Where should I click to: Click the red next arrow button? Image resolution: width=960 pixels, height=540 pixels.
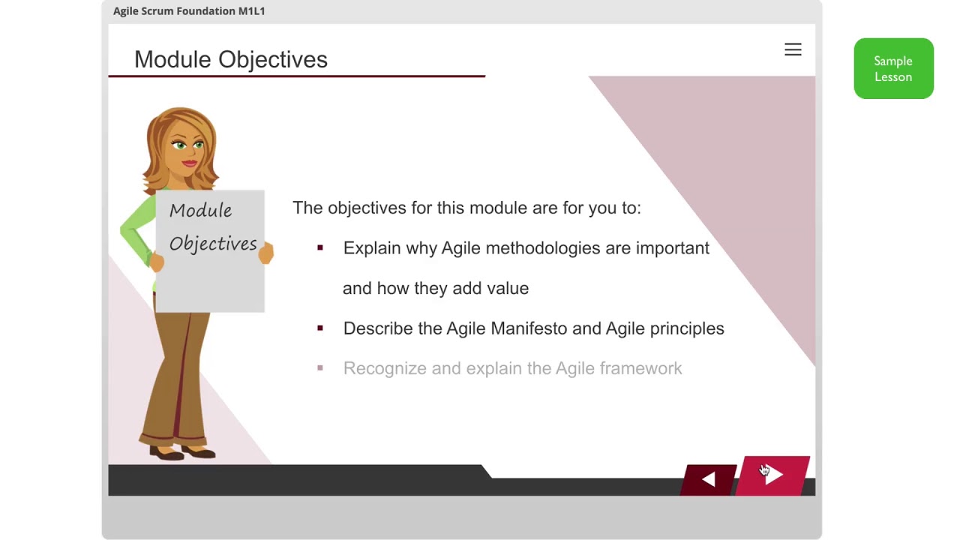point(774,475)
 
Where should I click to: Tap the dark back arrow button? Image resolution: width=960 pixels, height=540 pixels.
point(709,480)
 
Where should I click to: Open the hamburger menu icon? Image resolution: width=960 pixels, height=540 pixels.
point(793,49)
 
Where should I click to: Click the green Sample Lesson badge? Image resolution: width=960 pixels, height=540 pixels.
point(893,69)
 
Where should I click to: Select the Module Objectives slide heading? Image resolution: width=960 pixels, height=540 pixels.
point(231,60)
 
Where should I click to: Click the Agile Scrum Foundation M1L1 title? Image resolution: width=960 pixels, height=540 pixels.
point(189,11)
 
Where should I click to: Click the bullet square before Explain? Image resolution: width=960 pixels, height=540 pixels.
point(320,247)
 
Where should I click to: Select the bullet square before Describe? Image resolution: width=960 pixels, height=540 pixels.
point(320,328)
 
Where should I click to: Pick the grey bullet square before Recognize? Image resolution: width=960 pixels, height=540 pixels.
point(320,368)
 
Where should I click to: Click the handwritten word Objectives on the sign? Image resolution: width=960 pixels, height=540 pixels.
point(213,244)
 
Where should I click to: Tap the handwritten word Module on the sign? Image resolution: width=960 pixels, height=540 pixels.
point(200,211)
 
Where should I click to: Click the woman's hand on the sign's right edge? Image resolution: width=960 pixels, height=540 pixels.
point(266,253)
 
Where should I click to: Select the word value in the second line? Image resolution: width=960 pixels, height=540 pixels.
point(508,288)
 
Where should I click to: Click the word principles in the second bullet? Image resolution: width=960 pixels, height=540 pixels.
point(686,328)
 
